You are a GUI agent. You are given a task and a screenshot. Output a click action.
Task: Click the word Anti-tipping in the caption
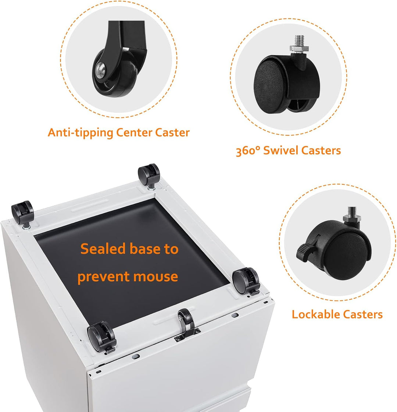(x=80, y=133)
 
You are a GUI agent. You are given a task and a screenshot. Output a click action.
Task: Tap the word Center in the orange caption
(x=134, y=132)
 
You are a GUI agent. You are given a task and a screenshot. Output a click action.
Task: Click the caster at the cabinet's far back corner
(x=149, y=176)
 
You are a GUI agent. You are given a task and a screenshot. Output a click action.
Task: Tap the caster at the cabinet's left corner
(x=22, y=214)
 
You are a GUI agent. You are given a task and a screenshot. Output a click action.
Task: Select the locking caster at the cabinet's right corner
(x=246, y=281)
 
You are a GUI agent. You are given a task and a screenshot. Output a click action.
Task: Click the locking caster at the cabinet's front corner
(x=101, y=337)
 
